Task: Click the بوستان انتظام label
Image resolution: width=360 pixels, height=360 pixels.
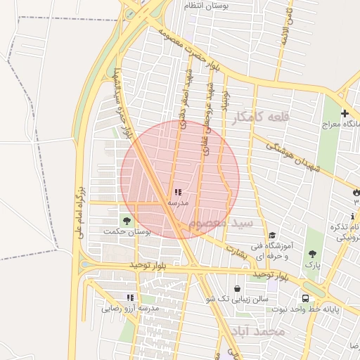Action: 208,6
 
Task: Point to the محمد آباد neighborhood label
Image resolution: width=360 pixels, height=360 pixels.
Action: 260,330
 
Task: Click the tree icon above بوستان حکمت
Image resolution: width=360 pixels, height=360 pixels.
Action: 127,220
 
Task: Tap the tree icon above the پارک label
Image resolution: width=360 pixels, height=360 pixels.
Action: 312,254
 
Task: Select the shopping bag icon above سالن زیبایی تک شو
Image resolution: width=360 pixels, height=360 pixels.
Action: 237,288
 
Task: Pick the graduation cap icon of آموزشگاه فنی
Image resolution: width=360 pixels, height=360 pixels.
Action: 272,236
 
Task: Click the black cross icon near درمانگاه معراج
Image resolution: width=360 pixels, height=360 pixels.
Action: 345,113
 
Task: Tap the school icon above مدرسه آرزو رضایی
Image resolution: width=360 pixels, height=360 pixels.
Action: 129,297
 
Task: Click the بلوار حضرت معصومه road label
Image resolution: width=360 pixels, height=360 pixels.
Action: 191,45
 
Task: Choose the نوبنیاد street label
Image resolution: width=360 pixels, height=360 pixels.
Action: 226,97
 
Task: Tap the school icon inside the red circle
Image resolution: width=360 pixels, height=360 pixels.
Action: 177,191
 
